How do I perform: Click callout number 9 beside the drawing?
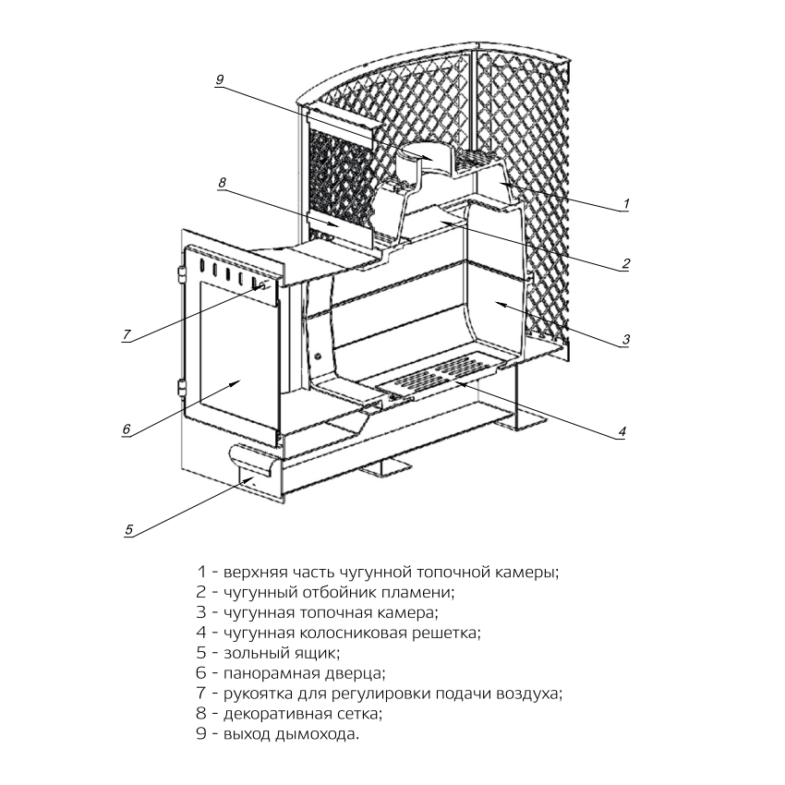pyautogui.click(x=219, y=80)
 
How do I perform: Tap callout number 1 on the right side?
pyautogui.click(x=625, y=202)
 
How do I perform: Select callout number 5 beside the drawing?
pyautogui.click(x=129, y=529)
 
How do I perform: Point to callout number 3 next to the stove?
pyautogui.click(x=625, y=339)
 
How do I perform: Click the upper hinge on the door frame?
pyautogui.click(x=182, y=274)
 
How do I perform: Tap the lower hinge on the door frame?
pyautogui.click(x=182, y=388)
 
